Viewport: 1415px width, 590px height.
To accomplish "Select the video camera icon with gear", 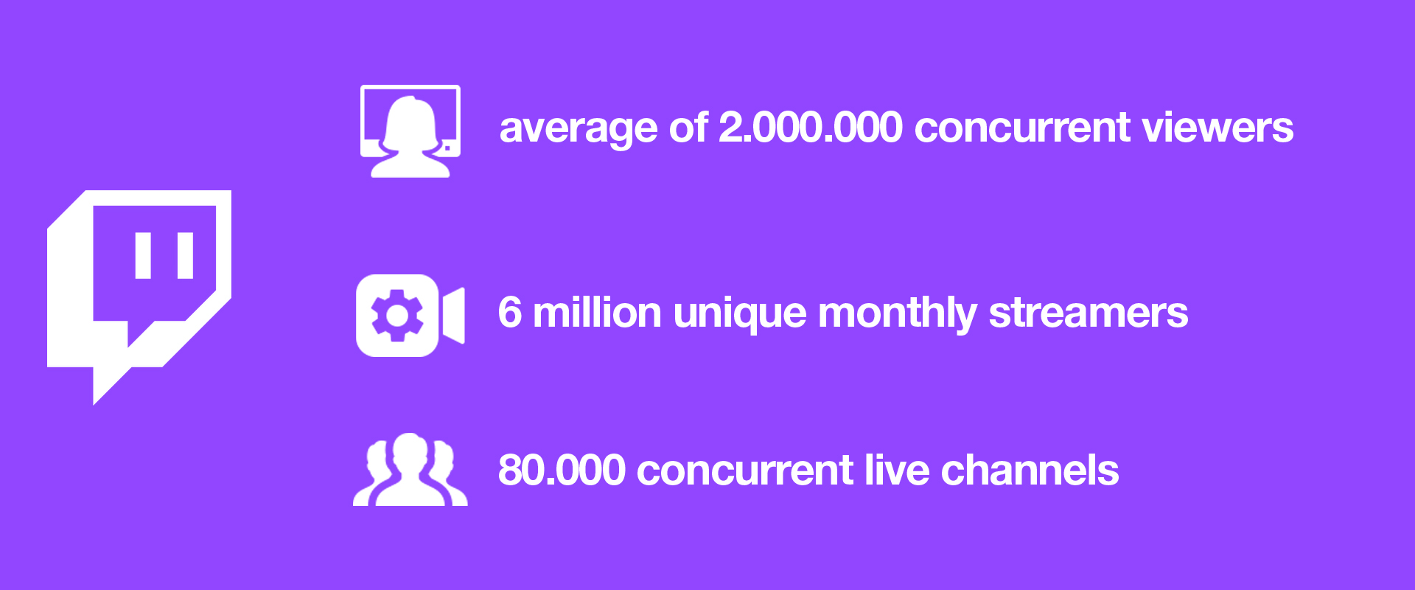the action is [x=410, y=316].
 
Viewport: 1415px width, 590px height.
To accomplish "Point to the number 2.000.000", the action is [x=810, y=128].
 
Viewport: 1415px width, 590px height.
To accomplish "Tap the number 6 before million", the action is [x=510, y=313].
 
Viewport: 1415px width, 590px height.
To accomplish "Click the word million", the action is [x=597, y=313].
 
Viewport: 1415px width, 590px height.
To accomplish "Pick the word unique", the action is [x=740, y=315].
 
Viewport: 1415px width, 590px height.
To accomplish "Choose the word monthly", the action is [x=898, y=315].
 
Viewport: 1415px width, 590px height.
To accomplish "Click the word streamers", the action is [x=1089, y=313].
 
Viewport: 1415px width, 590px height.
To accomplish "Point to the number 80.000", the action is [x=562, y=471].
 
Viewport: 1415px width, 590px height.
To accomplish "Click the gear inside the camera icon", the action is [x=397, y=316].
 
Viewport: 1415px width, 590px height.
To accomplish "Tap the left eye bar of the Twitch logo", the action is [x=143, y=256].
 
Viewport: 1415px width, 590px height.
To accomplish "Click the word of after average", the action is [x=688, y=128].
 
